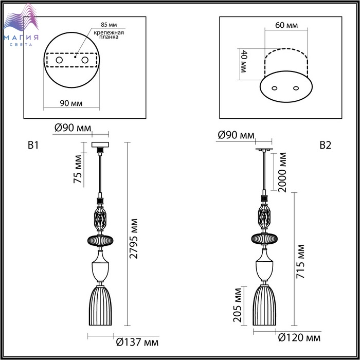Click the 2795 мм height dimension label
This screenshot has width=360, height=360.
pyautogui.click(x=133, y=239)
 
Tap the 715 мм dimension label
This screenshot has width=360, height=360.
pyautogui.click(x=300, y=262)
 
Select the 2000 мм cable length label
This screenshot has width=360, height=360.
pyautogui.click(x=282, y=172)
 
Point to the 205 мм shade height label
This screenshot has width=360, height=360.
pyautogui.click(x=237, y=304)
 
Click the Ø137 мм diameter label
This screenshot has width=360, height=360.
pyautogui.click(x=137, y=343)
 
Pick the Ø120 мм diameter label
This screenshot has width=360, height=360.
pyautogui.click(x=299, y=338)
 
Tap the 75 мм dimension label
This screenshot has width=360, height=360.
pyautogui.click(x=78, y=169)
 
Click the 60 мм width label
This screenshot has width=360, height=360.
pyautogui.click(x=286, y=25)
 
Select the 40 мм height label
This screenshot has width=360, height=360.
pyautogui.click(x=243, y=61)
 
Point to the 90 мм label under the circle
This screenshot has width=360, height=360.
pyautogui.click(x=71, y=103)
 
